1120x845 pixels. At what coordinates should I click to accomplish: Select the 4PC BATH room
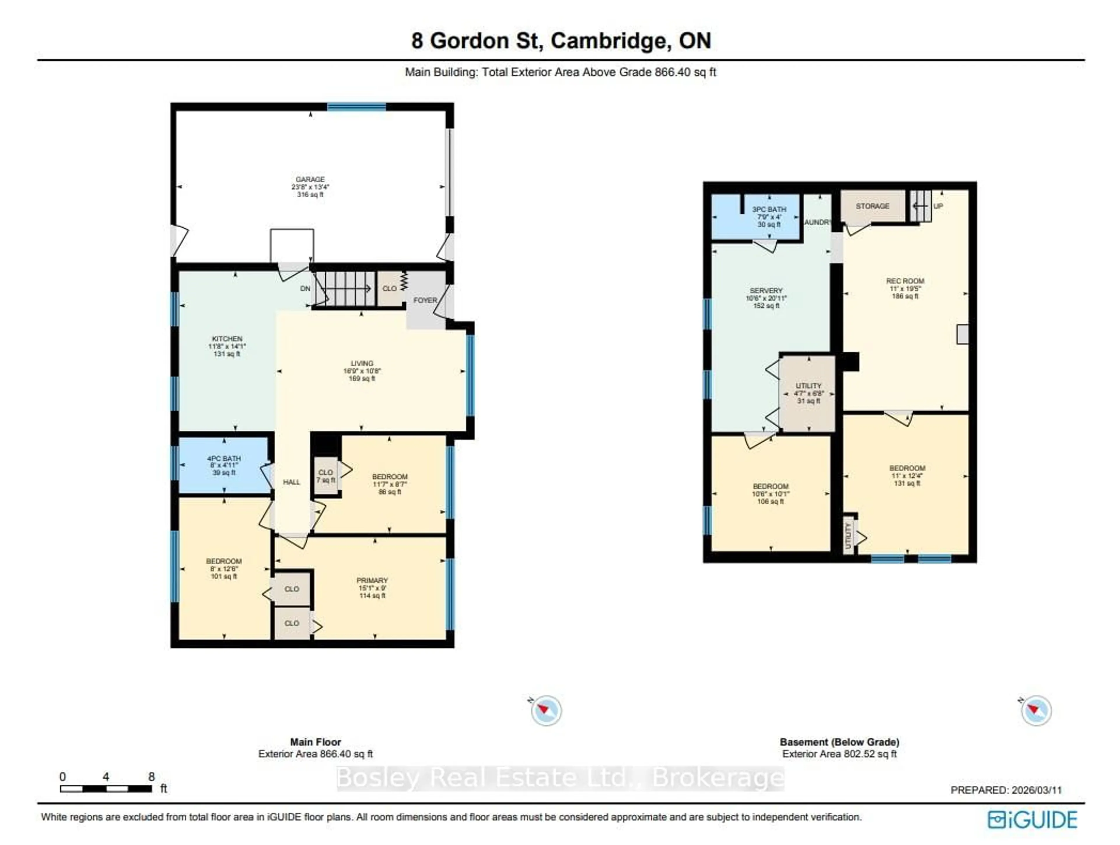pos(224,465)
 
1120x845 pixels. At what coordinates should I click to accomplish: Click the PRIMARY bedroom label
pos(372,581)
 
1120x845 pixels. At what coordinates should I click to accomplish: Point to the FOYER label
pos(424,300)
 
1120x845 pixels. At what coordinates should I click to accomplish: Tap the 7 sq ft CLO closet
pos(325,476)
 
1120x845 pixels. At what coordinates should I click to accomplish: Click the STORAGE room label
pos(872,206)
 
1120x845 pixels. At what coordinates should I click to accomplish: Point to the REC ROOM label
pos(905,281)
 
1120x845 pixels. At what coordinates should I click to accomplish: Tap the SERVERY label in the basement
pos(766,291)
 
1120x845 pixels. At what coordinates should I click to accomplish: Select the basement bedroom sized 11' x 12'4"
pos(907,475)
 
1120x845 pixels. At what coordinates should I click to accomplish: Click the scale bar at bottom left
pos(106,789)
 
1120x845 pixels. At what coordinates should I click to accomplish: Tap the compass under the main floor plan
pos(546,710)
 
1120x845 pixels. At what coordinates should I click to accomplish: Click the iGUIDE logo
pos(1032,820)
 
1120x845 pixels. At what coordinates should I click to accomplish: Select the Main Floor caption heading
pos(316,742)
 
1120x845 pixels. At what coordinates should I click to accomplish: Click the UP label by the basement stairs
pos(938,206)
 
